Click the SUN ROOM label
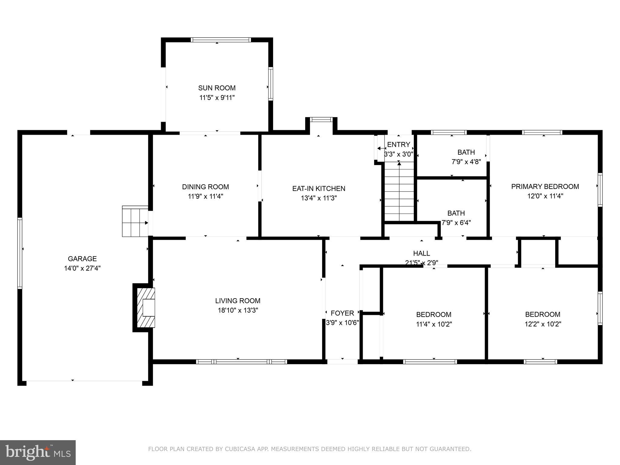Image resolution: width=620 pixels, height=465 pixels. pos(217,88)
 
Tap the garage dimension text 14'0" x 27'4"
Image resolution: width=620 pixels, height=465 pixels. pos(82,268)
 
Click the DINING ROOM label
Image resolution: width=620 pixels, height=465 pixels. pos(205,187)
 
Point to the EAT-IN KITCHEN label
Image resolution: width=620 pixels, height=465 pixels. pos(318,189)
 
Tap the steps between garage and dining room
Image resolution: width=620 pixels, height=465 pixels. pos(135,221)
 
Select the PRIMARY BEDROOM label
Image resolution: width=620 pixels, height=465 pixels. pos(545,186)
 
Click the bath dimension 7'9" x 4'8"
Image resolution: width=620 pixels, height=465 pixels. pos(466,162)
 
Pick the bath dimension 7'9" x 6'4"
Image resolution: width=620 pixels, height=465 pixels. pos(456,223)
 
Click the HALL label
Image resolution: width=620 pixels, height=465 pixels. pos(421,253)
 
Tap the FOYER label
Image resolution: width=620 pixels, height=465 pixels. pos(342,313)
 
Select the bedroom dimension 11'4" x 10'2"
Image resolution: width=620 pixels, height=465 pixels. pos(434,324)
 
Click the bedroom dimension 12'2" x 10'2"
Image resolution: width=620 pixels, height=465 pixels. pos(543,324)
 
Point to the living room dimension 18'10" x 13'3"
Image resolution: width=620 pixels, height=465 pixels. pos(238,310)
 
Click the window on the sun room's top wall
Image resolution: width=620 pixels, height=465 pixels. pos(221,40)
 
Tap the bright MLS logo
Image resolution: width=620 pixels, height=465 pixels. pos(38,453)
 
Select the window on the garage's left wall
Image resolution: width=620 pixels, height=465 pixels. pos(20,253)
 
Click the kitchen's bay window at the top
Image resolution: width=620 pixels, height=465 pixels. pos(321,120)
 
